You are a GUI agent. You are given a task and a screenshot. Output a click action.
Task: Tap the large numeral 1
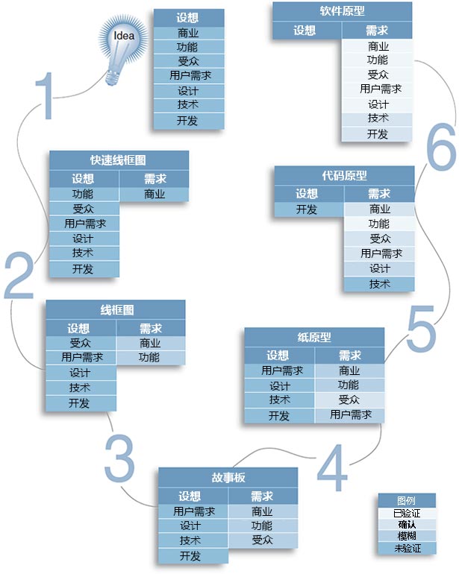pyautogui.click(x=45, y=95)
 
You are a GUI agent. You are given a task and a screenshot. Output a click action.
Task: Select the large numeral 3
pyautogui.click(x=119, y=458)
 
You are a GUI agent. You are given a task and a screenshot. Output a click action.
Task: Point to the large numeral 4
pyautogui.click(x=332, y=467)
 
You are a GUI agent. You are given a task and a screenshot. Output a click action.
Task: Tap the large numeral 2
pyautogui.click(x=19, y=275)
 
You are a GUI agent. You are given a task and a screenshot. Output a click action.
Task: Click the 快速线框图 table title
pyautogui.click(x=119, y=160)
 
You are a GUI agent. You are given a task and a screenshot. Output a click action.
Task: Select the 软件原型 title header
pyautogui.click(x=342, y=11)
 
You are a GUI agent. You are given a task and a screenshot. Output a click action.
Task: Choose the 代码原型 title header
pyautogui.click(x=344, y=176)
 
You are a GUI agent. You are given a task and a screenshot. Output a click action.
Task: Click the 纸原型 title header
pyautogui.click(x=314, y=337)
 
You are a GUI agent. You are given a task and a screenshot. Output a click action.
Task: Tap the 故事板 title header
pyautogui.click(x=228, y=477)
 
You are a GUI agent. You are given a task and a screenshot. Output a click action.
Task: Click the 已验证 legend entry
pyautogui.click(x=407, y=513)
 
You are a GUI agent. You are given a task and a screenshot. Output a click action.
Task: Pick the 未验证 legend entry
pyautogui.click(x=407, y=548)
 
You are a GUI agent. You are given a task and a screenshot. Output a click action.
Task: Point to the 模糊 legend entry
pyautogui.click(x=407, y=536)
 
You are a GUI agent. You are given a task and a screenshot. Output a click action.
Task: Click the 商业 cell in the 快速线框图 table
pyautogui.click(x=154, y=194)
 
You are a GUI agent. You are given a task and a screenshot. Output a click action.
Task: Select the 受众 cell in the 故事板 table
pyautogui.click(x=263, y=540)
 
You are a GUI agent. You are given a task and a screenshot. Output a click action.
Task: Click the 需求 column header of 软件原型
pyautogui.click(x=377, y=31)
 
